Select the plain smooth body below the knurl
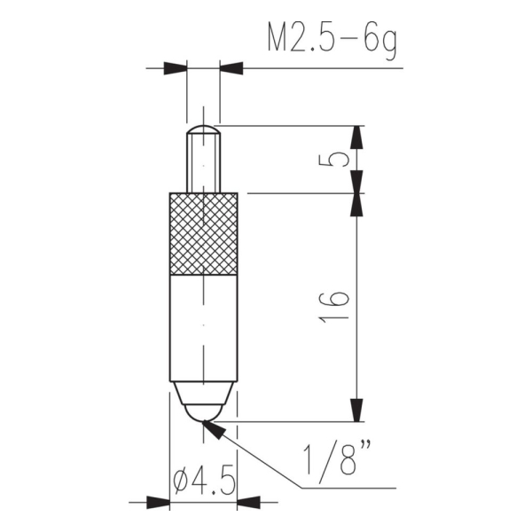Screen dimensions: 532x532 tap(203, 328)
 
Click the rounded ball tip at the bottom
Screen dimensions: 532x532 tap(203, 411)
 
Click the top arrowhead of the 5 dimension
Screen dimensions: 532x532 tap(356, 137)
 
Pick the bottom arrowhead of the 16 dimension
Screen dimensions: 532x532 tap(356, 410)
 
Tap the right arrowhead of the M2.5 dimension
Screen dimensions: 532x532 tap(231, 67)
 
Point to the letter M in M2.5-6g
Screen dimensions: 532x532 tap(278, 38)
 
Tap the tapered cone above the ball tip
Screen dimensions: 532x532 tap(203, 391)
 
